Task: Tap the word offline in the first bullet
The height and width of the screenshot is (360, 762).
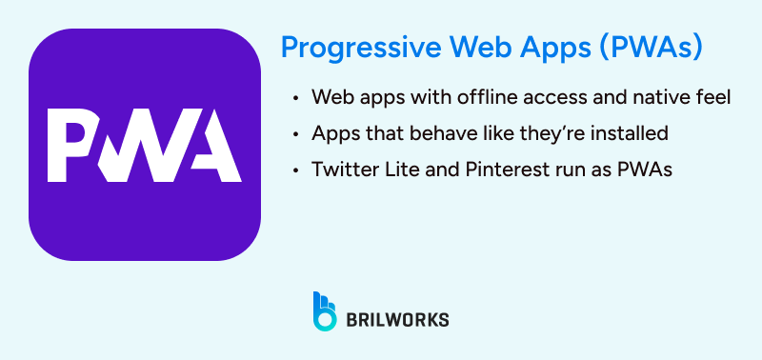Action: (x=464, y=98)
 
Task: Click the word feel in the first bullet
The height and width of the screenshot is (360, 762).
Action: (x=712, y=98)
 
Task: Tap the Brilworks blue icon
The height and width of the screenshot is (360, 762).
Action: (x=324, y=311)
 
